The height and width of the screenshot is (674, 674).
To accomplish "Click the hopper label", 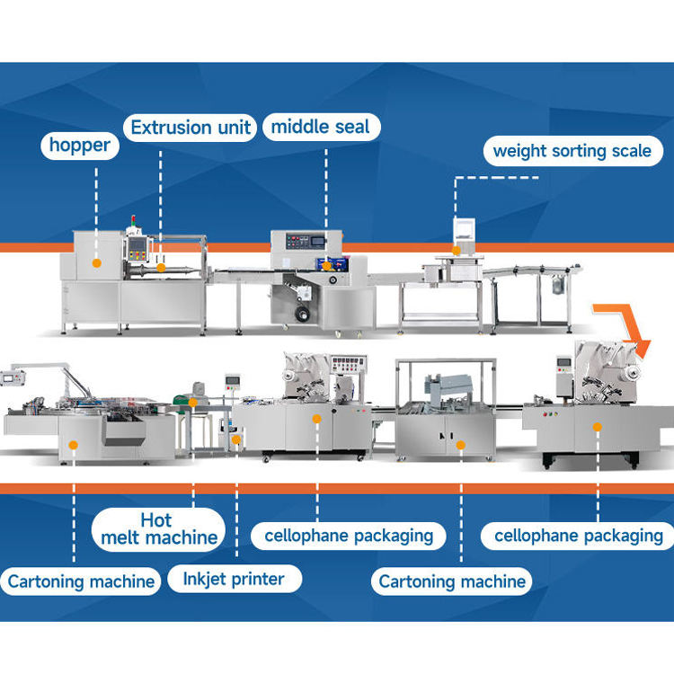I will tap(80, 146).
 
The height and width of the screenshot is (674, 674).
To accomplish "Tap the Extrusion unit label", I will tap(191, 127).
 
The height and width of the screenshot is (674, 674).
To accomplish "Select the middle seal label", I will tap(321, 127).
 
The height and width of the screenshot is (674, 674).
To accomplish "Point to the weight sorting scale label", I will tap(572, 151).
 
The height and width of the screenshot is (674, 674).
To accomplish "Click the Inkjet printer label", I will tap(234, 580).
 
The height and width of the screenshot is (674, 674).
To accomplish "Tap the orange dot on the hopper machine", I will tap(96, 262).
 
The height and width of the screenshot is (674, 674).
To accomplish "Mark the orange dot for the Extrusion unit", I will tap(161, 267).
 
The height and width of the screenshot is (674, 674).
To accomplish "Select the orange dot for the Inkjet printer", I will tap(236, 439).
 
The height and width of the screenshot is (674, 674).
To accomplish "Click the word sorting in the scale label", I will tap(575, 151).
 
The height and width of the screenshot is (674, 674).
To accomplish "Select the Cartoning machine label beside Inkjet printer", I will tap(81, 581).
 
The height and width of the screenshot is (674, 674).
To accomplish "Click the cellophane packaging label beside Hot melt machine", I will tap(349, 537).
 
